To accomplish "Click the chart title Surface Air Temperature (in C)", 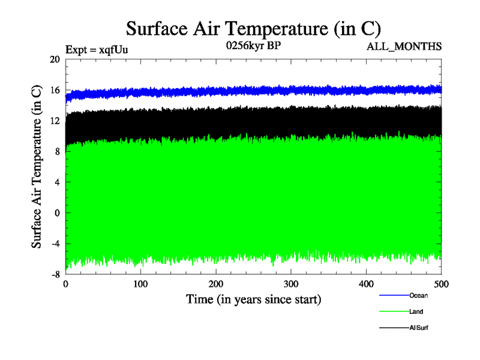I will (253, 29).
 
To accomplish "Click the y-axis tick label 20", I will (55, 59).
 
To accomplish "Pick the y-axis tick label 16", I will (55, 90).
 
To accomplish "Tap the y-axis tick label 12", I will (55, 121).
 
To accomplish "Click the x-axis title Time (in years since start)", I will (253, 299).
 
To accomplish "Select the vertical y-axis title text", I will (37, 166).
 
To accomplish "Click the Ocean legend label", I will (418, 295).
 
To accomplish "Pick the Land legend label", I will (416, 312).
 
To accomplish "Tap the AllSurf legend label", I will (418, 328).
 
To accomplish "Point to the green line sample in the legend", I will (394, 312).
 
